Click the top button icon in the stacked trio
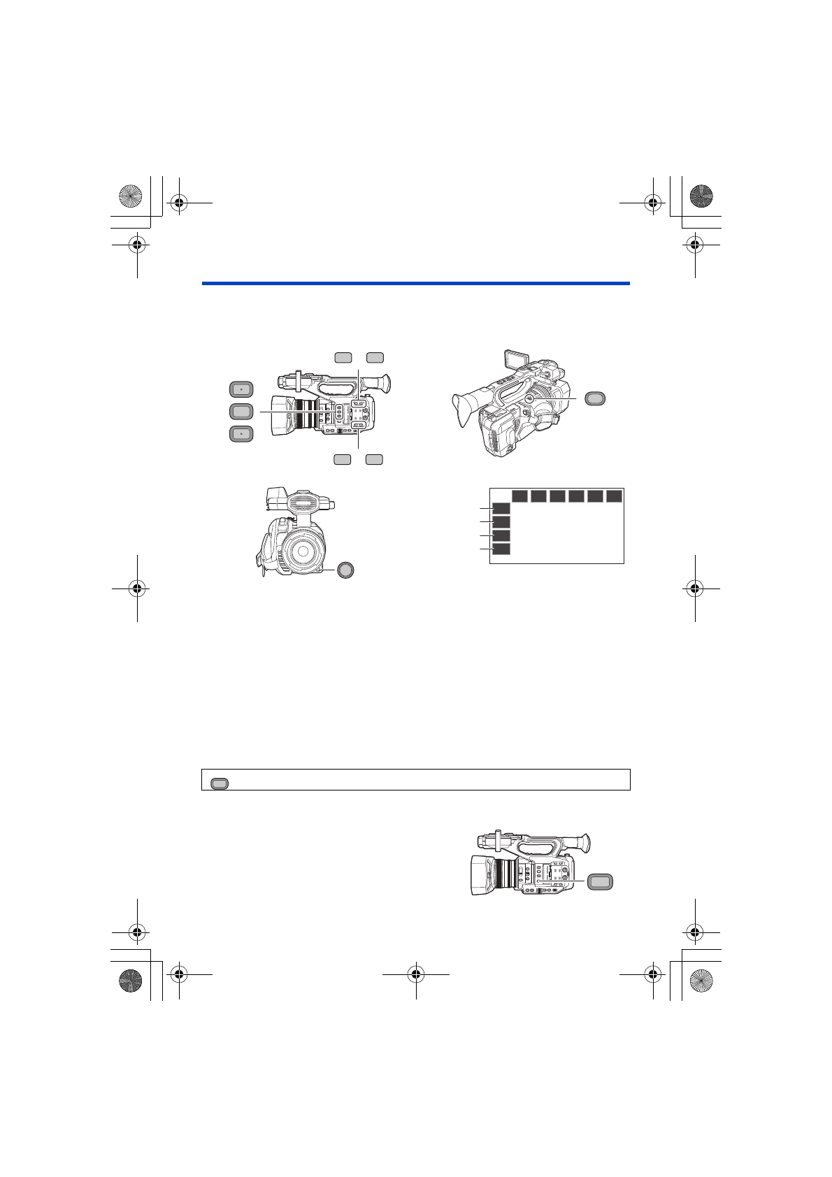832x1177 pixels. tap(241, 389)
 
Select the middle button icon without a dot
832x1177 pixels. tap(241, 412)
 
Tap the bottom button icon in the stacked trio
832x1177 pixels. tap(241, 434)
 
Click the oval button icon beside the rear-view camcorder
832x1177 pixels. tap(594, 398)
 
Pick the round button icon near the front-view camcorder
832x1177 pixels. tap(345, 570)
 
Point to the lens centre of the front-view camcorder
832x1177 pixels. tap(303, 551)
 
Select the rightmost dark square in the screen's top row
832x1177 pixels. tap(614, 496)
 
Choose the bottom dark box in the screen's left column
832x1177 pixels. tap(501, 549)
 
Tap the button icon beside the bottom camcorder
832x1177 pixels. tap(600, 882)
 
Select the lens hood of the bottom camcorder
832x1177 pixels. tap(482, 874)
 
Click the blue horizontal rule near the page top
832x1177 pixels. tap(416, 283)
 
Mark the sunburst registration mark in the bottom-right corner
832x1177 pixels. tap(701, 983)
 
